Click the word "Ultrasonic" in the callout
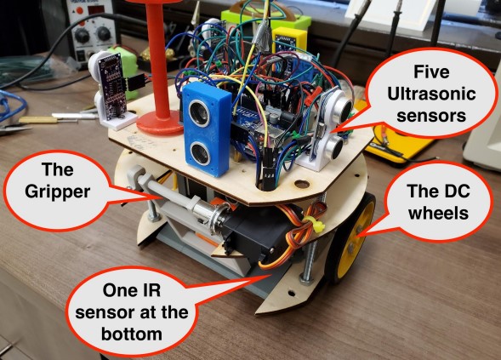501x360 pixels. coord(431,94)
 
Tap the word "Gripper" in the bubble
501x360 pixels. coord(58,191)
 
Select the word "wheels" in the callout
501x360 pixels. coord(438,213)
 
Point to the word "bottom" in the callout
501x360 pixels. coord(132,334)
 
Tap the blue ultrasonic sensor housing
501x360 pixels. coord(207,129)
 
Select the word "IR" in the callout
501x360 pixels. coord(150,290)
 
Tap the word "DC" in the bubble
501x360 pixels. coord(454,191)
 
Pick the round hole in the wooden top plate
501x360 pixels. coord(302,184)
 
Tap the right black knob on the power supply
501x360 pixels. coord(103,33)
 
